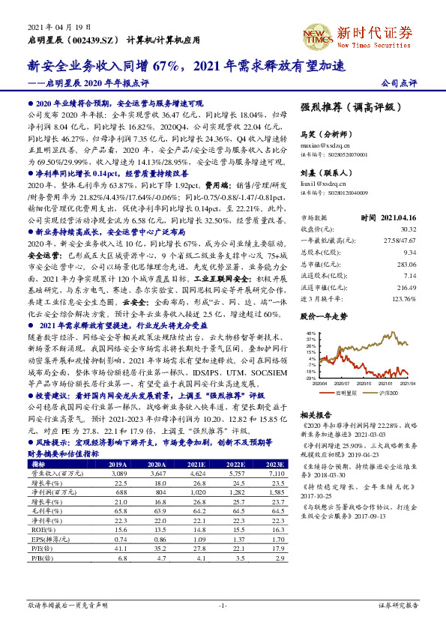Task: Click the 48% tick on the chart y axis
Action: click(x=310, y=332)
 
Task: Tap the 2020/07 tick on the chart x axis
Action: click(x=346, y=383)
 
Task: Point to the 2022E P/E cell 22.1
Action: click(x=237, y=549)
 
